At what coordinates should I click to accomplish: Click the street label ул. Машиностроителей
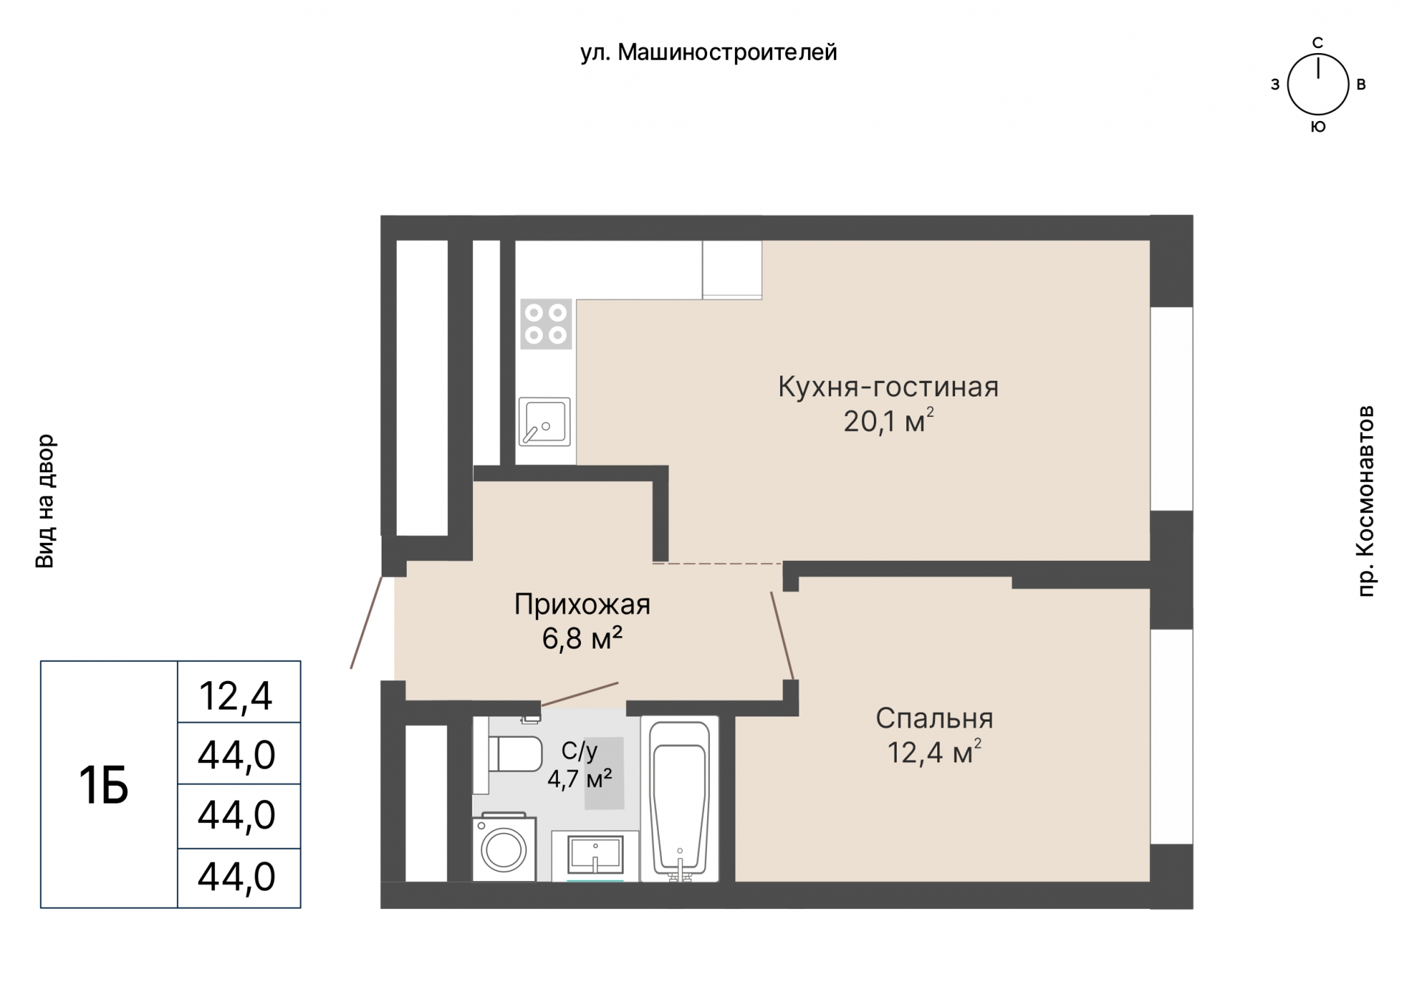coord(708,52)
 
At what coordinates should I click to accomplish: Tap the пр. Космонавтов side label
coord(1366,500)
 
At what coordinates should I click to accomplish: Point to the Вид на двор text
coord(45,501)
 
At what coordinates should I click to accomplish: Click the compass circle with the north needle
coord(1317,85)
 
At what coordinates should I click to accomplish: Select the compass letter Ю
coord(1317,127)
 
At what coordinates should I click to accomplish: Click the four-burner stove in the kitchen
coord(546,324)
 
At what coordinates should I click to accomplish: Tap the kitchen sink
coord(545,422)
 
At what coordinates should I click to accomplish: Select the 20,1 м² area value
coord(888,421)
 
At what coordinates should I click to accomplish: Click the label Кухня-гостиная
coord(888,387)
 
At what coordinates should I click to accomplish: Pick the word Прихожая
coord(582,604)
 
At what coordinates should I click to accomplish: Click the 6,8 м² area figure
coord(582,638)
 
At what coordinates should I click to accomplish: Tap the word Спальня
coord(934,718)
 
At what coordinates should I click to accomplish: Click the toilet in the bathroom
coord(515,753)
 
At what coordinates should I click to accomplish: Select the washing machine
coord(504,849)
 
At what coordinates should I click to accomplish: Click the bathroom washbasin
coord(595,856)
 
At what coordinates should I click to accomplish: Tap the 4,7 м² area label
coord(579,778)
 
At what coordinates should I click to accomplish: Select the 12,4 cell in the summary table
coord(238,695)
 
